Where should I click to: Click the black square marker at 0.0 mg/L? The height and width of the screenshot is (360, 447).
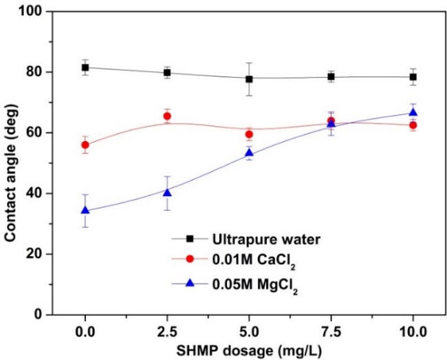[85, 67]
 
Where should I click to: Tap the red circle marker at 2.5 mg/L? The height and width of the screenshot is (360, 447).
[167, 116]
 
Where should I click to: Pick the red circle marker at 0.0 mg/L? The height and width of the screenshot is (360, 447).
[85, 145]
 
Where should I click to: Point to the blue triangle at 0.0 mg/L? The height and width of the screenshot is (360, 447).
[85, 210]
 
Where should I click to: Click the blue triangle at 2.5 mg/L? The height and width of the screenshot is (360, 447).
[167, 192]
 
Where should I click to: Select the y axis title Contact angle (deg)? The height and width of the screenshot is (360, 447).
[12, 163]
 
